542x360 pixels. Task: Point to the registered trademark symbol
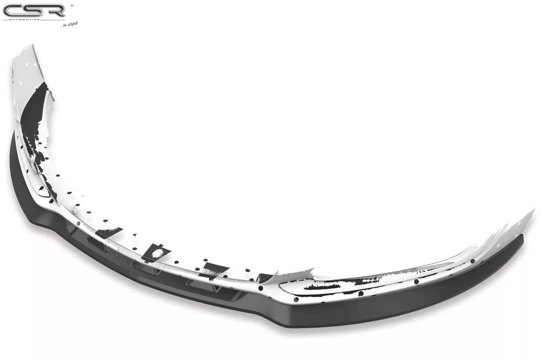72,5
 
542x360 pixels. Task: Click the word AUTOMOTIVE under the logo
24,19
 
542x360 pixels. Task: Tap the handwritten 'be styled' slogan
70,24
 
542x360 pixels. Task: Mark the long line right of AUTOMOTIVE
53,19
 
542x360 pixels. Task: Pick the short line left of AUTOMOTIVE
5,19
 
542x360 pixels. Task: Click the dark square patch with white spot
156,253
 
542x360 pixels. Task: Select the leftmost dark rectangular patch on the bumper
108,233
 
